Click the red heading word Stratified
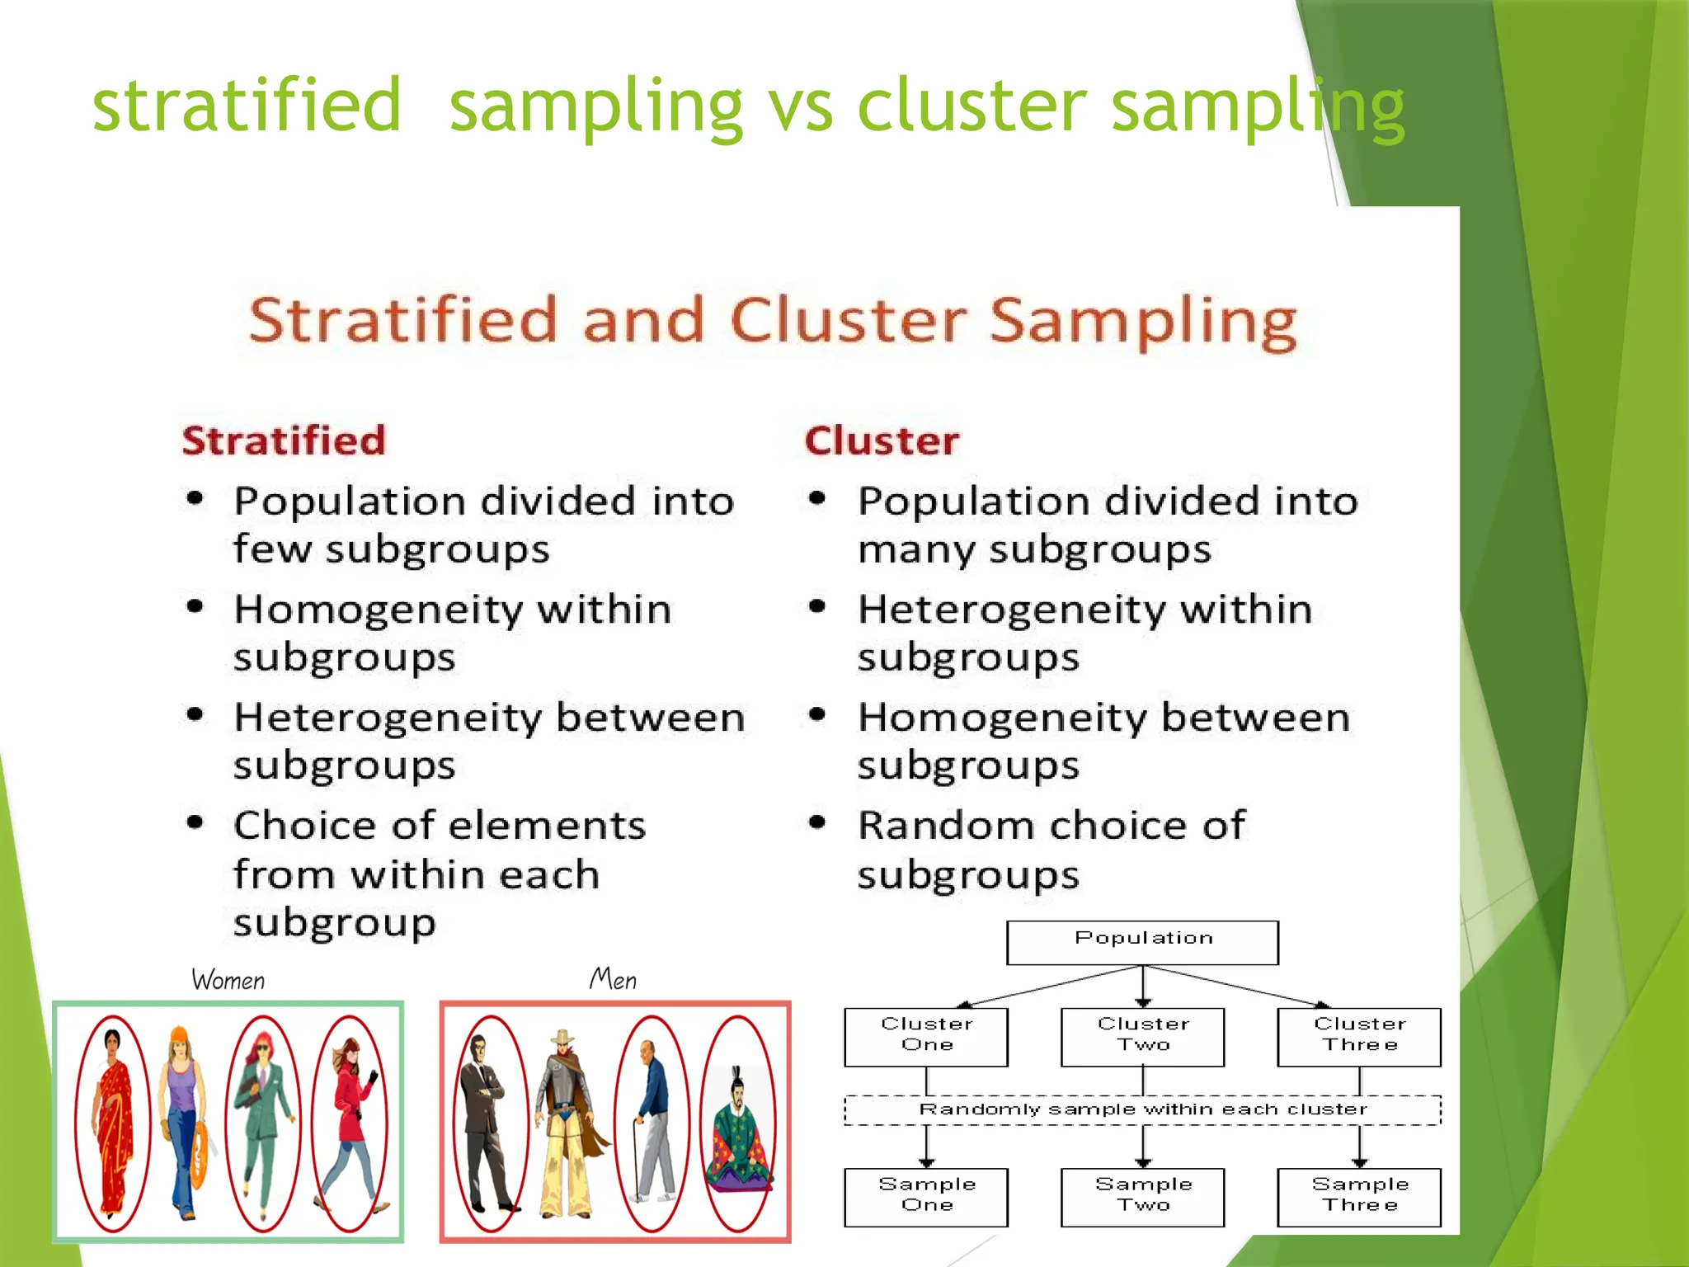tap(284, 440)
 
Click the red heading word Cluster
tap(882, 440)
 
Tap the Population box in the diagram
tap(1142, 942)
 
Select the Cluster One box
tap(926, 1036)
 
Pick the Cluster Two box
tap(1142, 1036)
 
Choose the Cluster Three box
tap(1359, 1036)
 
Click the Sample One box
tap(926, 1196)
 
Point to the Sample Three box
tap(1359, 1196)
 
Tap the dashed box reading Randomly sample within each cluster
tap(1142, 1109)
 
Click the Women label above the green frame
tap(228, 980)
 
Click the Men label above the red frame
tap(613, 979)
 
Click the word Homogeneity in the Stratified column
tap(379, 610)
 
